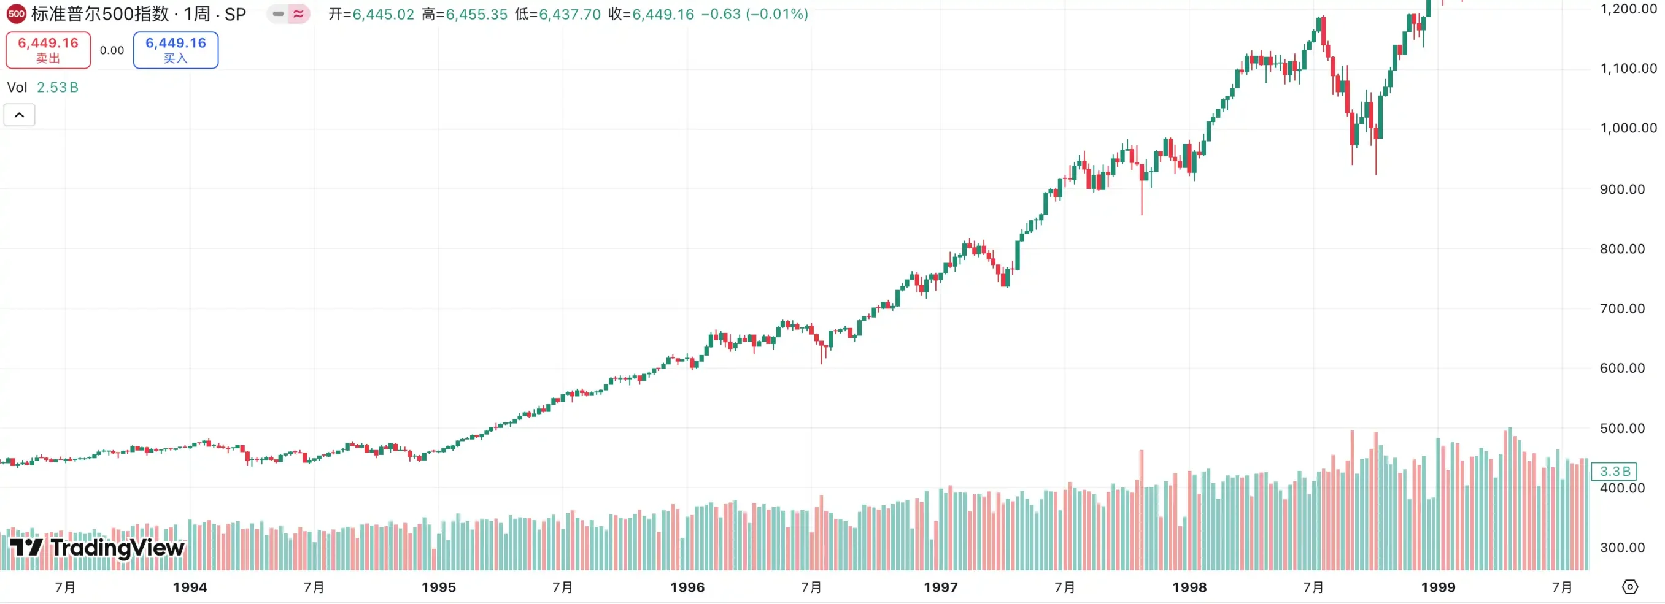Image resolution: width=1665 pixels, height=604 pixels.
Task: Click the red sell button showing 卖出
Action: (x=48, y=50)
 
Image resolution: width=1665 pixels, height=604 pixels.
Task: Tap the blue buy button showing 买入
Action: (x=175, y=50)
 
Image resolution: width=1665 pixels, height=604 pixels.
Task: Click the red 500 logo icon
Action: (x=16, y=13)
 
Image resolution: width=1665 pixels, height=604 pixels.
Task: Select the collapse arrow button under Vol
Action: (x=20, y=115)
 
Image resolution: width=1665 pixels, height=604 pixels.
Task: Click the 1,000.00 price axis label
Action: (x=1628, y=128)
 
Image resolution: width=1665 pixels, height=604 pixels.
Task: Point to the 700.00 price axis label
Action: (x=1621, y=308)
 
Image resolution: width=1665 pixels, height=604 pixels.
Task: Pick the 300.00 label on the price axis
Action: (x=1621, y=547)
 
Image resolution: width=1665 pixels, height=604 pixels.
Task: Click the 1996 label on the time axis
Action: (x=687, y=587)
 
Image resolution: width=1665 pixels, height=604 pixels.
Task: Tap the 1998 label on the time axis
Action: (x=1189, y=587)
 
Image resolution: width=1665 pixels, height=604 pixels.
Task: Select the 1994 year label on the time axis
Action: (x=190, y=587)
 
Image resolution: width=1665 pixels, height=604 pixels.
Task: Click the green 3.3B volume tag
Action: (x=1614, y=472)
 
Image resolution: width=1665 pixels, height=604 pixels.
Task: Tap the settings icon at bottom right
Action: (x=1630, y=587)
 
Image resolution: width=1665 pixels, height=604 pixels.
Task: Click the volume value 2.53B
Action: (x=58, y=87)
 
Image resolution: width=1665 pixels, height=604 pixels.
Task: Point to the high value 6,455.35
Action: (x=476, y=14)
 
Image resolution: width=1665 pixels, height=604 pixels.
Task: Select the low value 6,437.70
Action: (x=570, y=14)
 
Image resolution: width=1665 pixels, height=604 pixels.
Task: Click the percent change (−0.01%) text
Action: (x=776, y=14)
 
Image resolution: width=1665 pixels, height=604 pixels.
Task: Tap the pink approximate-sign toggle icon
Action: (x=298, y=13)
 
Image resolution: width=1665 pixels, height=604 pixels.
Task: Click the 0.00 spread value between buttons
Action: (x=112, y=50)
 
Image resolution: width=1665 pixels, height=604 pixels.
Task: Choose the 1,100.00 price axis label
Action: (x=1628, y=69)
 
